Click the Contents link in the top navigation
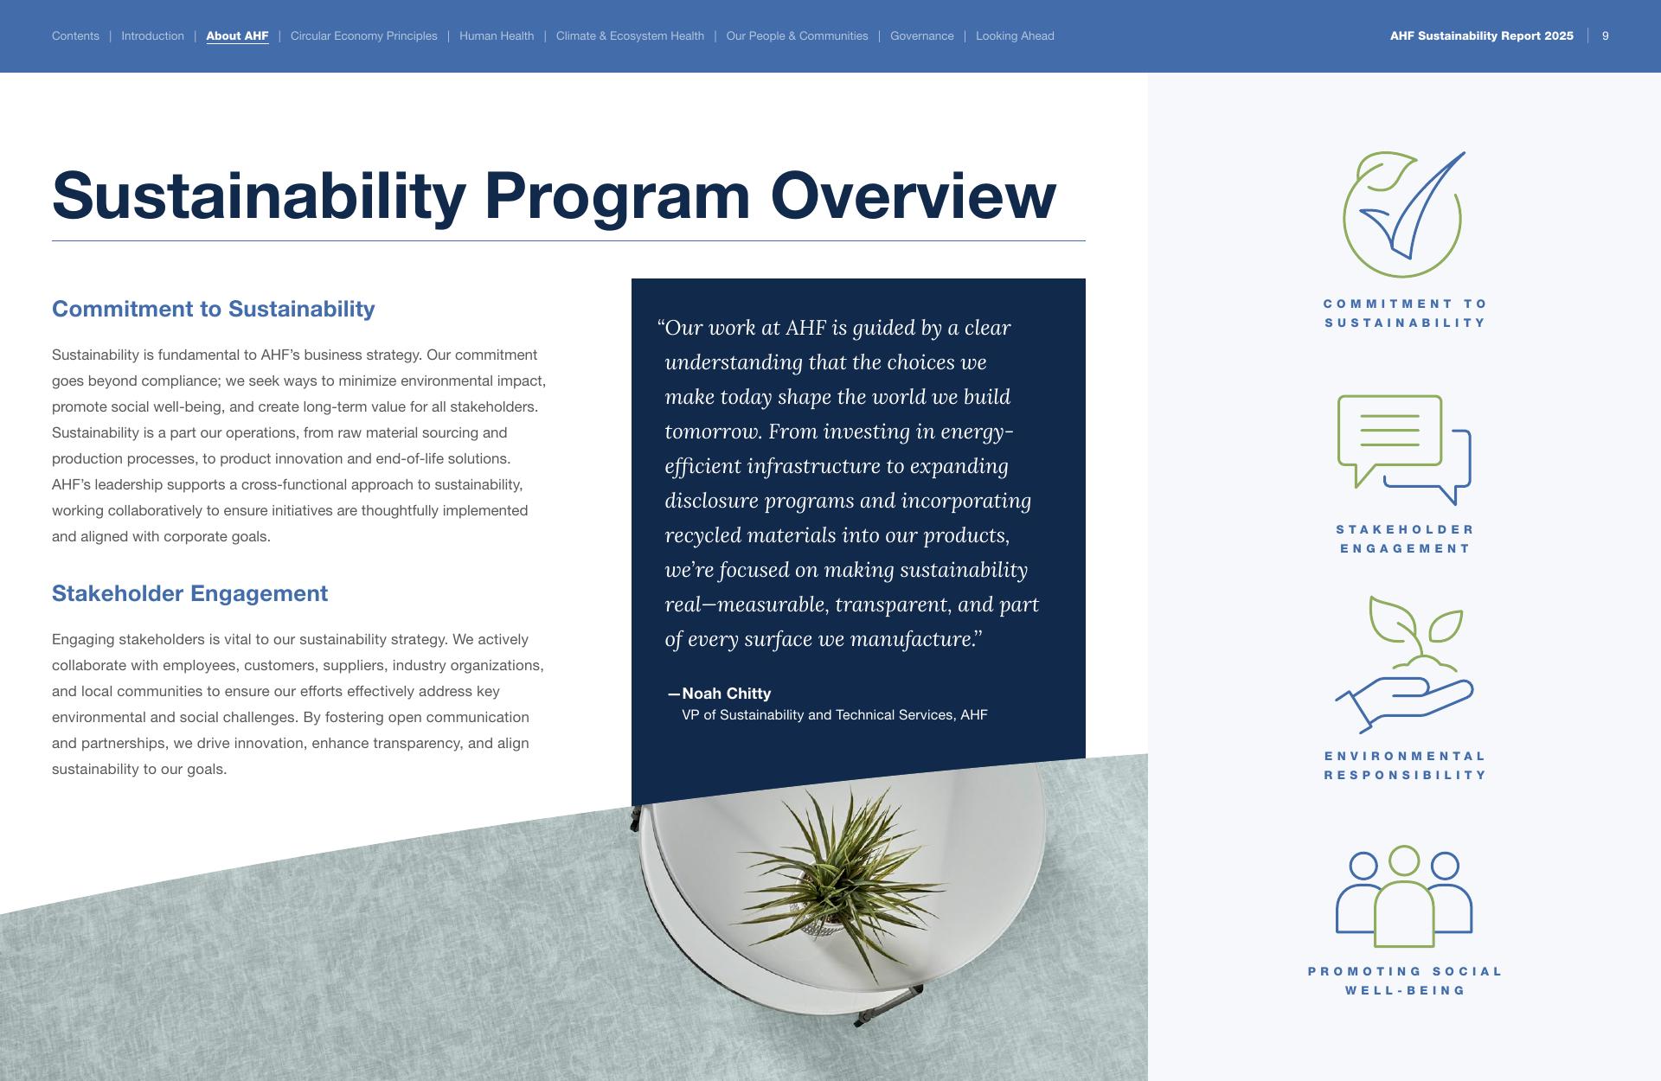pyautogui.click(x=75, y=36)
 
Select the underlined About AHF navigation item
pyautogui.click(x=237, y=36)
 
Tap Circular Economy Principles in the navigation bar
pyautogui.click(x=364, y=36)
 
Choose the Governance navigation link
pyautogui.click(x=922, y=36)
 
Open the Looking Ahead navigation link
pyautogui.click(x=1015, y=36)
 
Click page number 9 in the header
pyautogui.click(x=1606, y=36)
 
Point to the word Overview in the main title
pyautogui.click(x=914, y=195)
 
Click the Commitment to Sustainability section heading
pyautogui.click(x=214, y=309)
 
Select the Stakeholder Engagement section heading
pyautogui.click(x=189, y=593)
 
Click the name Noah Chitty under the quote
pyautogui.click(x=727, y=694)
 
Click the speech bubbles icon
pyautogui.click(x=1404, y=450)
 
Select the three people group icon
pyautogui.click(x=1404, y=896)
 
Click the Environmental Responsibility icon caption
pyautogui.click(x=1405, y=765)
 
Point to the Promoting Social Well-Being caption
pyautogui.click(x=1405, y=981)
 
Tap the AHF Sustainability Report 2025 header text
pyautogui.click(x=1482, y=36)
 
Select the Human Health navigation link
pyautogui.click(x=497, y=36)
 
